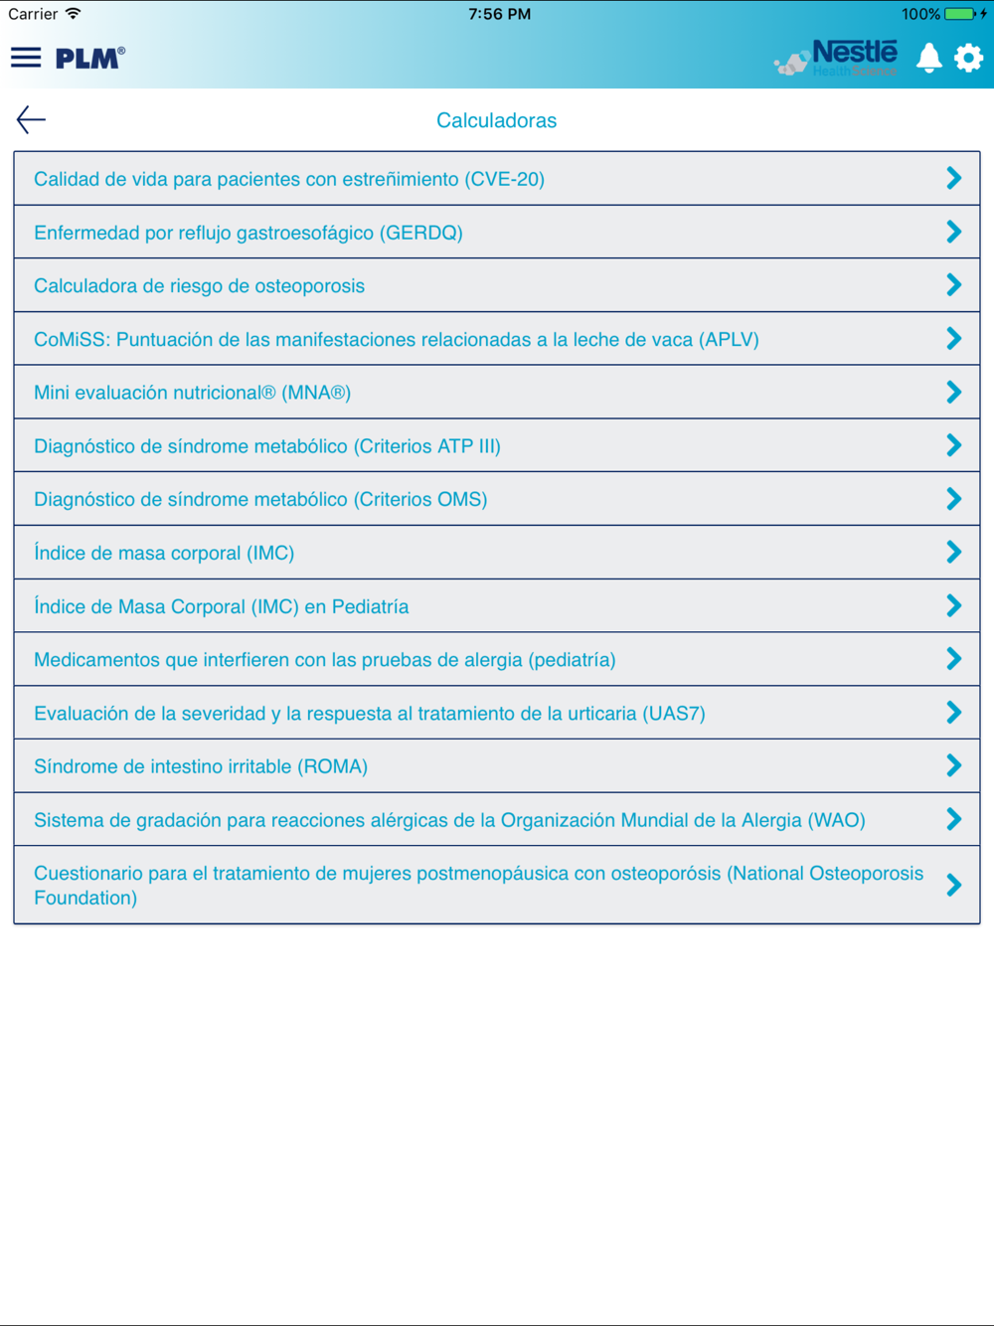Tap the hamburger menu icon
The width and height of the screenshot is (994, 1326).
[x=26, y=58]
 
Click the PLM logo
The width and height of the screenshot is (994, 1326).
[x=89, y=58]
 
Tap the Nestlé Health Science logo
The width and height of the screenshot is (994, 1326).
[x=837, y=58]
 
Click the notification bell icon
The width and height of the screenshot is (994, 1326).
[x=928, y=58]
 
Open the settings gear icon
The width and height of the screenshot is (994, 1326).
[x=968, y=58]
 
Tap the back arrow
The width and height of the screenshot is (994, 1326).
[x=31, y=120]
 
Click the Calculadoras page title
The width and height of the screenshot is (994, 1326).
[x=496, y=120]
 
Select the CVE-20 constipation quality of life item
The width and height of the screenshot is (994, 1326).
[x=289, y=179]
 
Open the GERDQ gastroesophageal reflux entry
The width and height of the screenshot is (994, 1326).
[x=248, y=233]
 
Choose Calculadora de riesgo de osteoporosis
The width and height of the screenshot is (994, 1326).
[x=199, y=286]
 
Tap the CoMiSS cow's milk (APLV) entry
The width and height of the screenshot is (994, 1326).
[x=396, y=340]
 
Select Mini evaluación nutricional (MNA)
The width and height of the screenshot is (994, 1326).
[x=192, y=393]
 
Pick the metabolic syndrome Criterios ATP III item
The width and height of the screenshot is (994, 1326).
[x=267, y=446]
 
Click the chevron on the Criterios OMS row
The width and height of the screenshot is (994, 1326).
[x=953, y=499]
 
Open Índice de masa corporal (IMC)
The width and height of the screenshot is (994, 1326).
[x=164, y=553]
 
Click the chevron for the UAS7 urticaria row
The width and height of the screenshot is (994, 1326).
[x=953, y=713]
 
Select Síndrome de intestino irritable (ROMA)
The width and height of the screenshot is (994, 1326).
[x=201, y=766]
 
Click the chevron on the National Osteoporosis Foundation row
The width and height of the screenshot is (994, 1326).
[x=953, y=885]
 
